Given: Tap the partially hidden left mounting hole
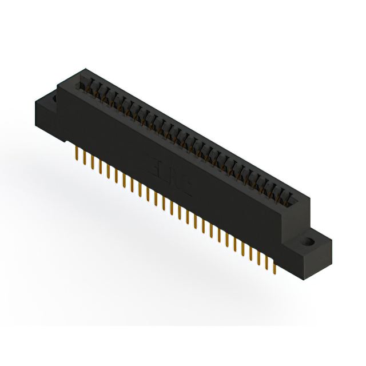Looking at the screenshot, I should tap(55, 100).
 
